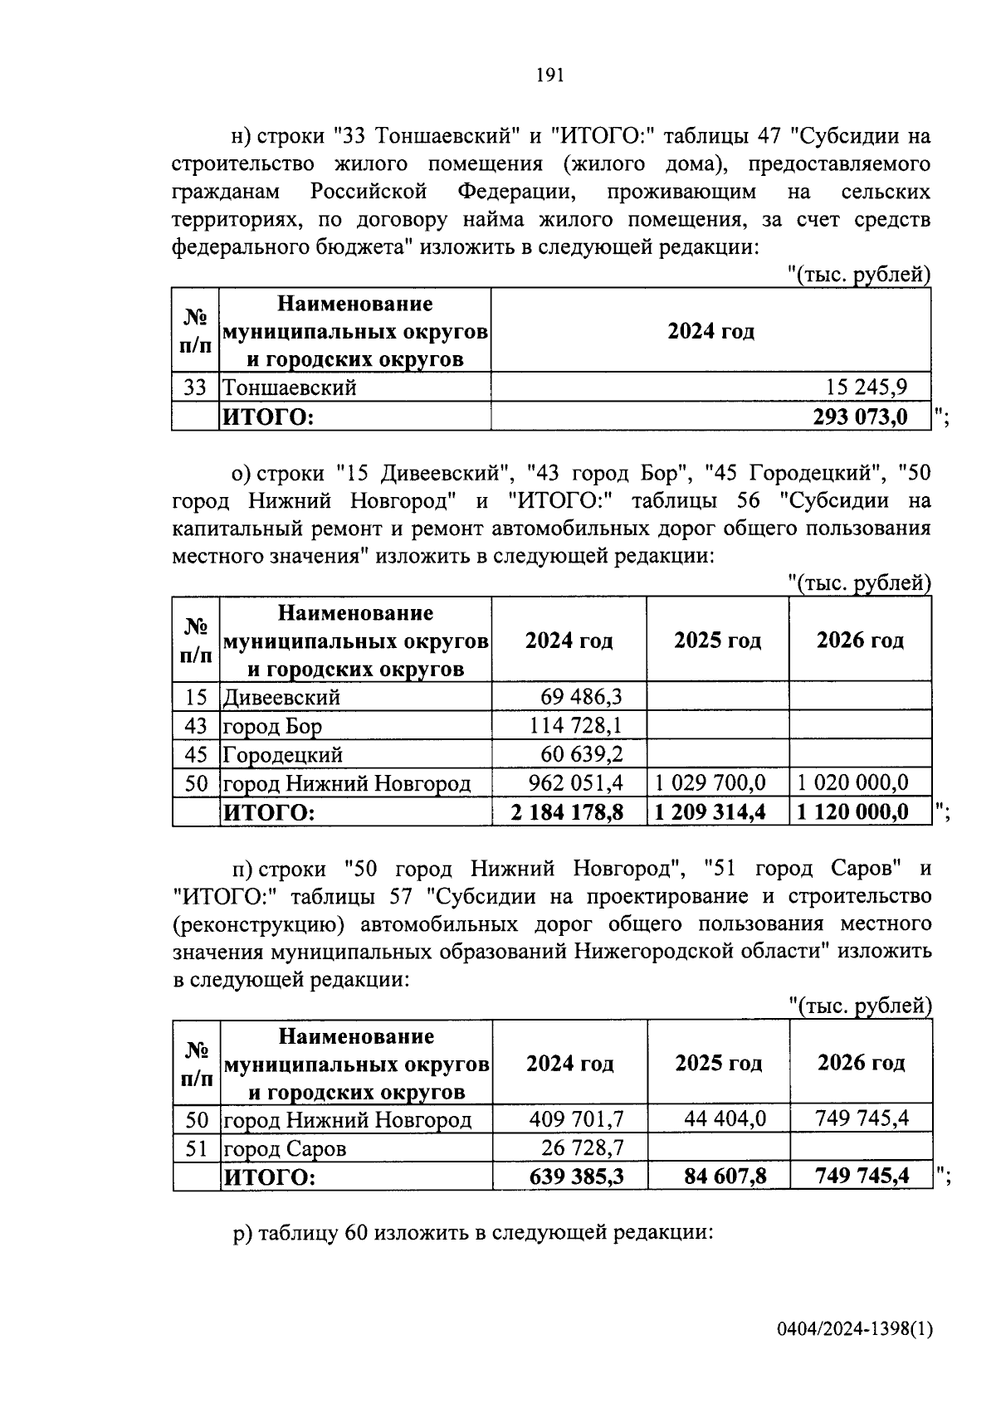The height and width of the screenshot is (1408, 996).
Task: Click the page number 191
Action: tap(550, 76)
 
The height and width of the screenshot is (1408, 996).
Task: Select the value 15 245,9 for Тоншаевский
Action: tap(867, 387)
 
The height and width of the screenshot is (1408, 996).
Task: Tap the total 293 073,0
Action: tap(860, 416)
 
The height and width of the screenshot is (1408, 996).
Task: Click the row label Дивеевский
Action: tap(281, 697)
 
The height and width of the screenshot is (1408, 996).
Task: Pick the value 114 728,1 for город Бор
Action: tap(576, 726)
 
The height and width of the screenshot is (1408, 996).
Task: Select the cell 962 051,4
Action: tap(576, 782)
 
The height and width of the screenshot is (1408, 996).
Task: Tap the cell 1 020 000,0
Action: tap(853, 782)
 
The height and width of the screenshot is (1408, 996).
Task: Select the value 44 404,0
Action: tap(725, 1119)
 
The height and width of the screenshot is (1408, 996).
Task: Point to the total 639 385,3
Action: tap(576, 1177)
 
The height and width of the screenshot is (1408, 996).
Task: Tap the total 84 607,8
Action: tap(720, 1177)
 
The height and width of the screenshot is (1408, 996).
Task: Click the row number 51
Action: tap(197, 1148)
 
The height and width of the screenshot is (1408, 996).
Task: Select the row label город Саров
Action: tap(285, 1148)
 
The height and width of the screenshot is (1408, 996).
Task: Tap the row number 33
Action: tap(195, 387)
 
